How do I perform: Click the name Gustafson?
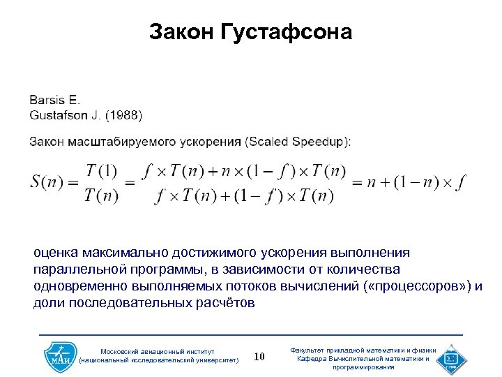[60, 113]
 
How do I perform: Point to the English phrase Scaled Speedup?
[298, 141]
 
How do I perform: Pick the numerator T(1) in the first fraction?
[101, 170]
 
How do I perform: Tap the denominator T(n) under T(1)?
[101, 196]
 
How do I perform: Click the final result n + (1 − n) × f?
[408, 183]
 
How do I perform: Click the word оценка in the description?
[55, 252]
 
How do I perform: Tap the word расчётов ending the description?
[227, 303]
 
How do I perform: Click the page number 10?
[259, 357]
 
